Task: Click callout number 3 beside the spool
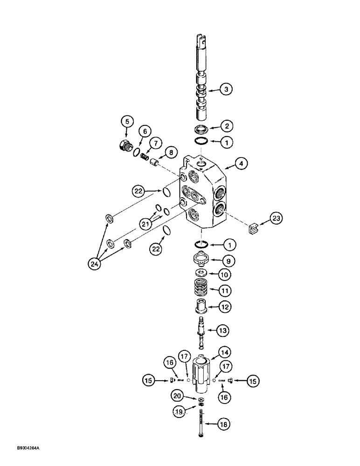226,89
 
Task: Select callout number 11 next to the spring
226,290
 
